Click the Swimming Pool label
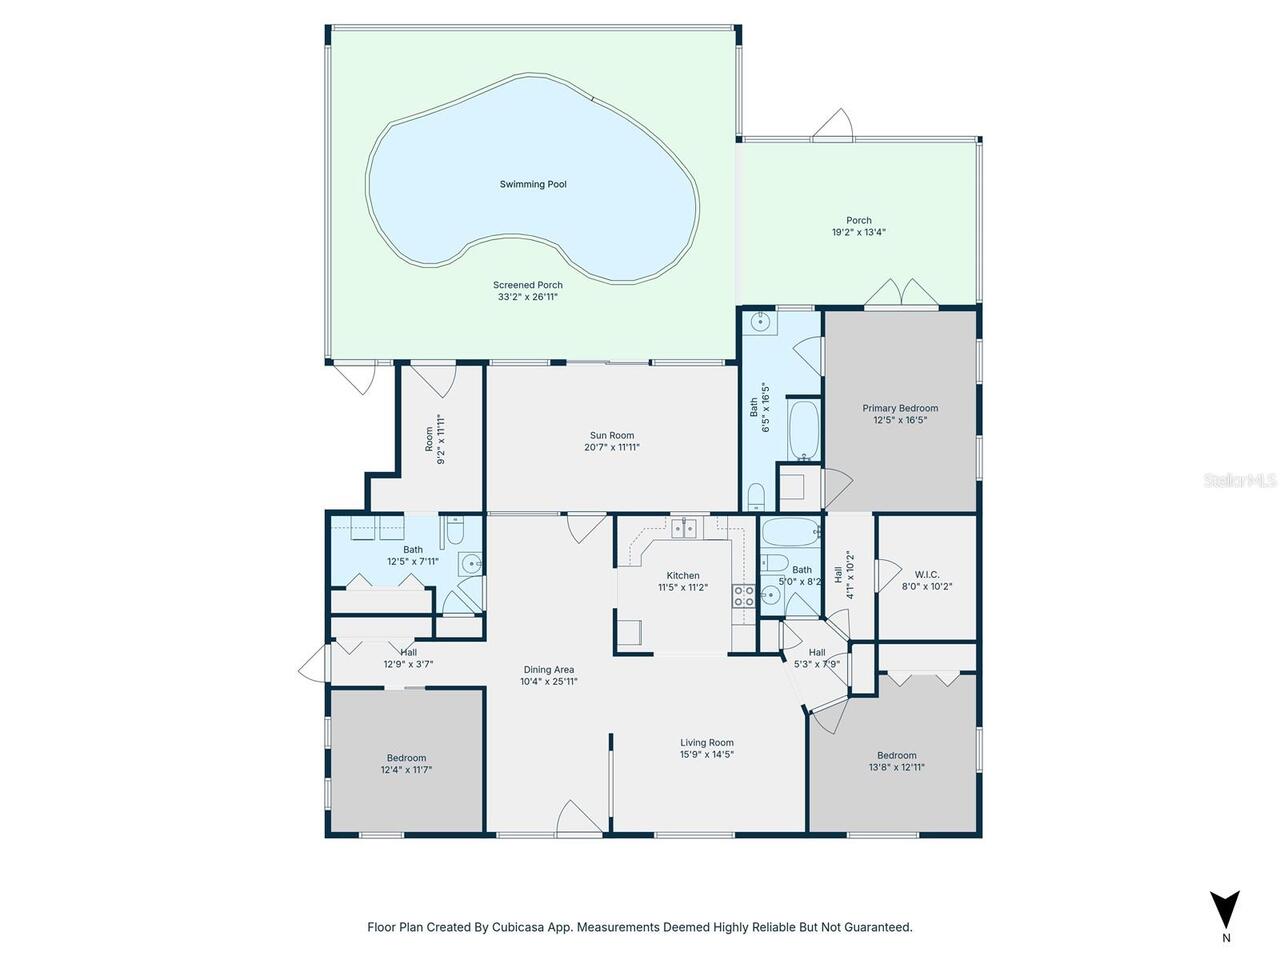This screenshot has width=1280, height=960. [532, 184]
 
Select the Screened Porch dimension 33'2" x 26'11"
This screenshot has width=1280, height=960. [527, 297]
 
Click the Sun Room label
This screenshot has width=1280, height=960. [612, 435]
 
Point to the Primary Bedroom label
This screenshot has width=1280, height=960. [900, 408]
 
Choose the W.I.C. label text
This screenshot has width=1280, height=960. [927, 575]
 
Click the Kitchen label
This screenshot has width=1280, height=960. [682, 575]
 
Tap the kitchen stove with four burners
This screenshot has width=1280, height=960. [744, 596]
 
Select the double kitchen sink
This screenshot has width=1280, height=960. [684, 528]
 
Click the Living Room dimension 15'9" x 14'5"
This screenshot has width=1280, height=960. [706, 754]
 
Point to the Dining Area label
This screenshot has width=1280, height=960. [548, 670]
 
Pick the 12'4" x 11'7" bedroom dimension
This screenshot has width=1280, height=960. [406, 769]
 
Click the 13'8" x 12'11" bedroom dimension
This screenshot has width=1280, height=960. [896, 767]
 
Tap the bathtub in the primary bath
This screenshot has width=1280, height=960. [804, 430]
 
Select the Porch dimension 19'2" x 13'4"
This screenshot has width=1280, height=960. [858, 232]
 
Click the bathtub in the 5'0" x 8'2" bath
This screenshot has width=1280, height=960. [790, 532]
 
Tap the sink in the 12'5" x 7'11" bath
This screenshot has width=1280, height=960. [469, 563]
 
